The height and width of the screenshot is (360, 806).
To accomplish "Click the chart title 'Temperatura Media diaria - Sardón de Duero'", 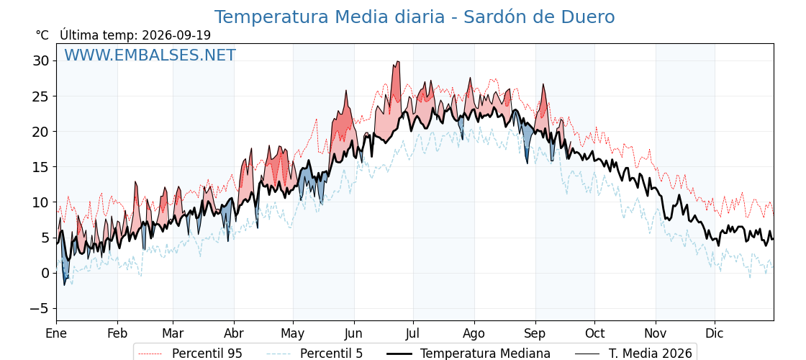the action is point(415,17).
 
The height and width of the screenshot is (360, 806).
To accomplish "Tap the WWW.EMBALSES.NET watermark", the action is point(150,55).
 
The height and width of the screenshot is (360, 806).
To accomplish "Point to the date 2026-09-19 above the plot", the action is point(176,35).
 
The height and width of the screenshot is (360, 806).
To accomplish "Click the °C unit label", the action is point(42,35).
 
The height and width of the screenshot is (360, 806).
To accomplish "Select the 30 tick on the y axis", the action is point(42,61).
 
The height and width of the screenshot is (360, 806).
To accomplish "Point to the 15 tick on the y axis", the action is point(42,167).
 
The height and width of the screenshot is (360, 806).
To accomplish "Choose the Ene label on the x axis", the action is point(57,333).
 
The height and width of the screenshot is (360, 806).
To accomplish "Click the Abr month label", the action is point(234,333).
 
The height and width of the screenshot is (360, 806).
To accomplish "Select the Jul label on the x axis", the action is point(413,333).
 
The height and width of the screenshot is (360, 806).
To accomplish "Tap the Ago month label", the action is point(474,333).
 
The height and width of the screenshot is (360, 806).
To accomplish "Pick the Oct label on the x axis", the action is point(594,333).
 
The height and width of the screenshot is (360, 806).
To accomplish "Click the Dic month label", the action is point(715,333).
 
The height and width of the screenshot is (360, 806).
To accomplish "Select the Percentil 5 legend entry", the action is point(315,354).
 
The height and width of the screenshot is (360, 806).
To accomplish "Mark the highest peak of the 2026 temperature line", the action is point(397,61).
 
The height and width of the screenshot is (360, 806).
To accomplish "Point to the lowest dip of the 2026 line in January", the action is point(65,285).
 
